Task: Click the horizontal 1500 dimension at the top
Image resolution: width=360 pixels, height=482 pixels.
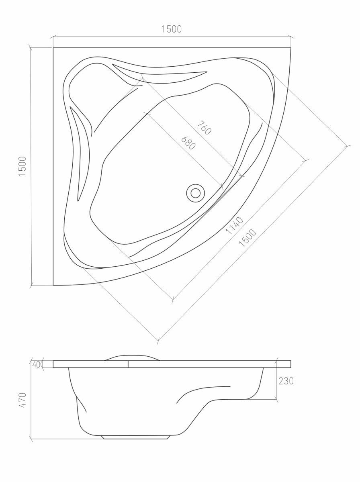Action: tap(172, 29)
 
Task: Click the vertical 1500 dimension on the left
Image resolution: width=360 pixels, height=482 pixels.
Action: tap(22, 166)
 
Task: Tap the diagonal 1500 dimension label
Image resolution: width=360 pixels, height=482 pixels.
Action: tap(248, 238)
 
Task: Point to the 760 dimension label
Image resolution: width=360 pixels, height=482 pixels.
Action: tap(204, 128)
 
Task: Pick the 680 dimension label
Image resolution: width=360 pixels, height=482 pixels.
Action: tap(188, 143)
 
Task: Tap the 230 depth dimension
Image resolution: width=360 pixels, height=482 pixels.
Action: tap(286, 381)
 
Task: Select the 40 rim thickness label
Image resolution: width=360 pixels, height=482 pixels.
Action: tap(36, 365)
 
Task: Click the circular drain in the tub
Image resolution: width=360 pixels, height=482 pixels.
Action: tap(196, 193)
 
